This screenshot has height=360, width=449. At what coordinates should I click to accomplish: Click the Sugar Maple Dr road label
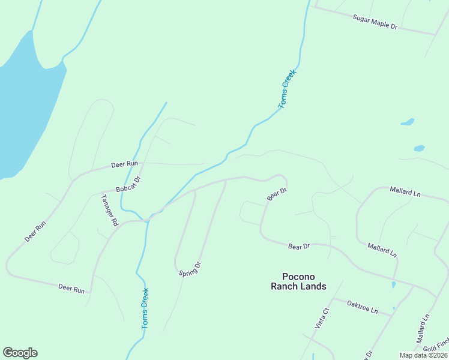point(375,22)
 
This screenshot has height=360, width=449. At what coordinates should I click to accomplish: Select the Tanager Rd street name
point(109,210)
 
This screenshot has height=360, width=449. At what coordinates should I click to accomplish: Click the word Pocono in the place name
point(298,277)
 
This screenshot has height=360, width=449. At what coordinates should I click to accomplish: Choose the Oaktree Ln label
point(362,307)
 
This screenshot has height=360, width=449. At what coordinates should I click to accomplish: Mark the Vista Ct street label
point(322,318)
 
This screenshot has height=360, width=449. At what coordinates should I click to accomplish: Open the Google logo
point(20,353)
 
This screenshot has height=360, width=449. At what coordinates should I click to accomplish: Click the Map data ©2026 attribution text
point(423,355)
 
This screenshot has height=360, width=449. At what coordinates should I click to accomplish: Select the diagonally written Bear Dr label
point(277,194)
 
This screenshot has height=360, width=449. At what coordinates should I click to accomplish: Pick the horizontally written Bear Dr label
point(298,246)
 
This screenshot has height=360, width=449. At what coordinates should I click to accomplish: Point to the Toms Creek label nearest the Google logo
point(145,308)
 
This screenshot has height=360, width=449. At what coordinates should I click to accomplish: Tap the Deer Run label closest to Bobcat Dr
point(124,164)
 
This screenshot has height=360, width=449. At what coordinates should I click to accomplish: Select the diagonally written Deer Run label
point(35,231)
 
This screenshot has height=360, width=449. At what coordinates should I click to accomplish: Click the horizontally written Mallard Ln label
point(405,192)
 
